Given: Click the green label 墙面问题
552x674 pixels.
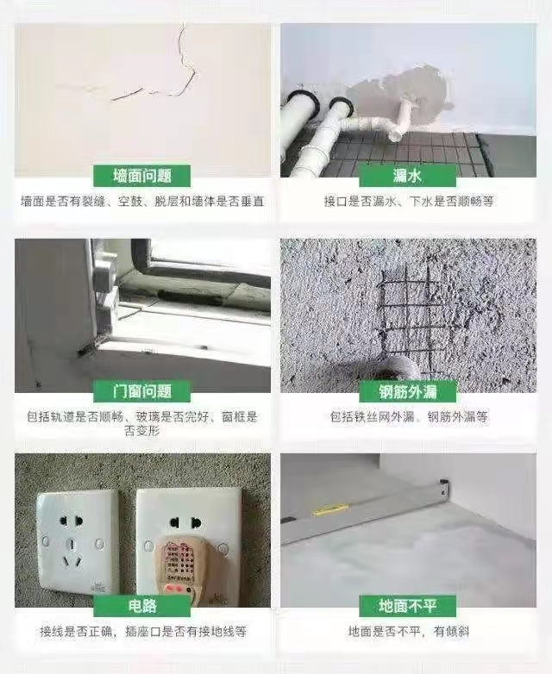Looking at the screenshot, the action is click(x=142, y=176).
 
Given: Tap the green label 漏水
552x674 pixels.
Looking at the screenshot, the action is click(x=407, y=176).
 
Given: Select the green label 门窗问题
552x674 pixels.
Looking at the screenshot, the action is click(x=142, y=391).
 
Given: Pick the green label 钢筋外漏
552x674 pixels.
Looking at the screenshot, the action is click(x=407, y=391).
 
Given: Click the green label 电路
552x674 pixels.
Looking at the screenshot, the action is click(x=142, y=606).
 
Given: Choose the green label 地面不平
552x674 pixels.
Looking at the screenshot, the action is click(x=407, y=606).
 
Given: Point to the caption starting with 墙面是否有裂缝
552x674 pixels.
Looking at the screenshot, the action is click(x=142, y=201).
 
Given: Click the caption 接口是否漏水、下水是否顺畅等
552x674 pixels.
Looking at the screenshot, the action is click(x=409, y=201).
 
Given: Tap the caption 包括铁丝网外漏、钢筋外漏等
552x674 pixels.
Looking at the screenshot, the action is click(x=409, y=416).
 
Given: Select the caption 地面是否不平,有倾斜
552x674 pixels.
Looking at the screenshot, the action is click(x=409, y=632).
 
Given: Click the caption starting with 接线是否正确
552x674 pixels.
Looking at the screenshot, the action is click(x=143, y=632).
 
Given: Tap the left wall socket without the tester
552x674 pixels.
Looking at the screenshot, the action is click(x=78, y=543).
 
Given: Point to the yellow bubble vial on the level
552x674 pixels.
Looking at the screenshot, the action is click(x=329, y=510).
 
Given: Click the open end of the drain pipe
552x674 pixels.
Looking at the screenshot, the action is click(x=395, y=136).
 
